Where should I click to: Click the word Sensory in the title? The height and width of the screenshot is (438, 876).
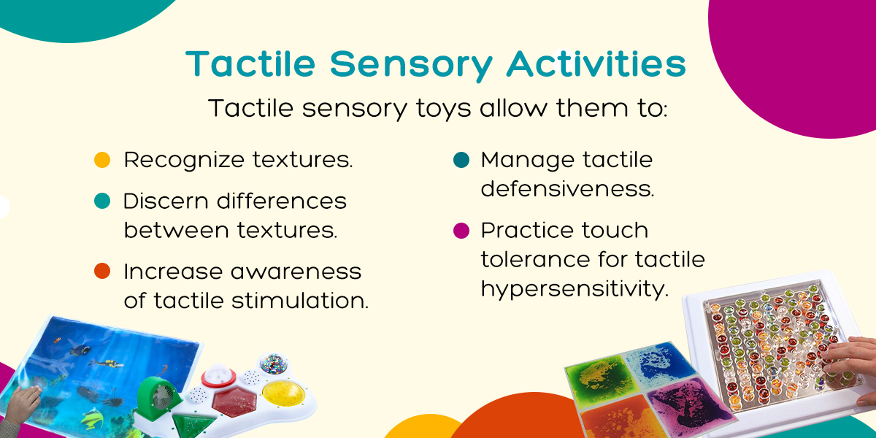411,65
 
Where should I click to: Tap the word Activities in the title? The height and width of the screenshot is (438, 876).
596,64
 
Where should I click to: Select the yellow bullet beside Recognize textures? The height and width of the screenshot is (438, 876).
102,160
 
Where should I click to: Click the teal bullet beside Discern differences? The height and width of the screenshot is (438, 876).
102,201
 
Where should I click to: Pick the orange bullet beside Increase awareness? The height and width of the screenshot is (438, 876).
102,271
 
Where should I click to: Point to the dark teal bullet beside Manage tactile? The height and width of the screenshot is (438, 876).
461,160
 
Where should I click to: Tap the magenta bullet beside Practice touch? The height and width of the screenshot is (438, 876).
461,231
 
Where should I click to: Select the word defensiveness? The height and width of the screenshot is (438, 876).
567,189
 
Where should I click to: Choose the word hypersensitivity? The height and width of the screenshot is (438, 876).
575,291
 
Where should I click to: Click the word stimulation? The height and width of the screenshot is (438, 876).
300,300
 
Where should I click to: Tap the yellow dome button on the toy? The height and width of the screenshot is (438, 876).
283,393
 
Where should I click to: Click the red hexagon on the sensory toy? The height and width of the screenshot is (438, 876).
234,402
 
